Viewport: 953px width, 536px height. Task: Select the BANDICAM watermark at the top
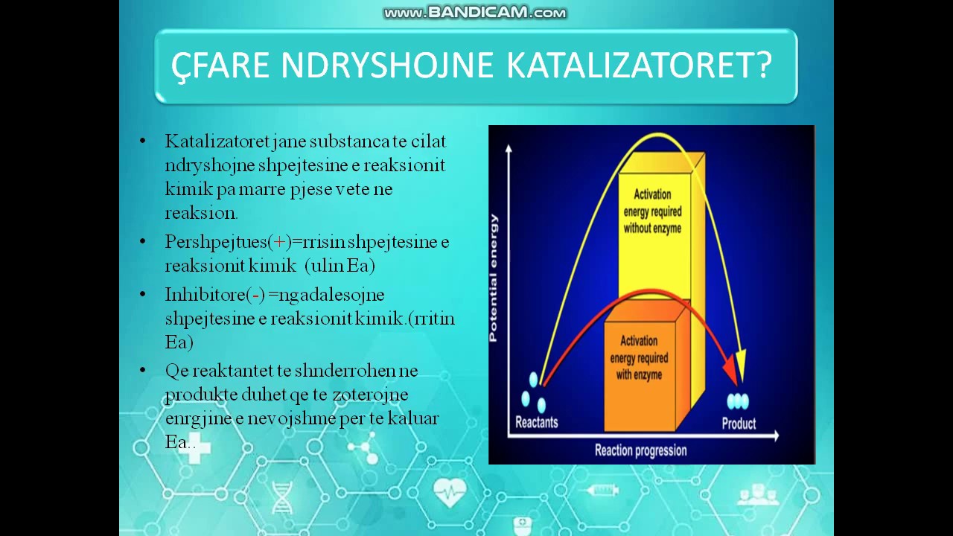point(475,13)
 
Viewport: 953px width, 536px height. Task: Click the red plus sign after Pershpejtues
point(281,242)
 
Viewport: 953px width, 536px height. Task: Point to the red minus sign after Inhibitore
point(256,295)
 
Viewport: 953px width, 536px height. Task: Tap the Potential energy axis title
point(494,278)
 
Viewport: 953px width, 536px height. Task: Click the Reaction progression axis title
point(640,450)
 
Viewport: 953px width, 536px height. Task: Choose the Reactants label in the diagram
point(536,422)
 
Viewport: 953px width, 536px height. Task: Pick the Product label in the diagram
point(739,424)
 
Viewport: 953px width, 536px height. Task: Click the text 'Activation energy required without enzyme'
point(652,211)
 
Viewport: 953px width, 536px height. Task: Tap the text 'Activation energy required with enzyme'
point(639,357)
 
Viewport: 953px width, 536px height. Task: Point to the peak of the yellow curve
point(655,135)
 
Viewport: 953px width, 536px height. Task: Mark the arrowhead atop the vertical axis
point(509,147)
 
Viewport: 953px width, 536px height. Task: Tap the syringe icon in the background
point(602,490)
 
